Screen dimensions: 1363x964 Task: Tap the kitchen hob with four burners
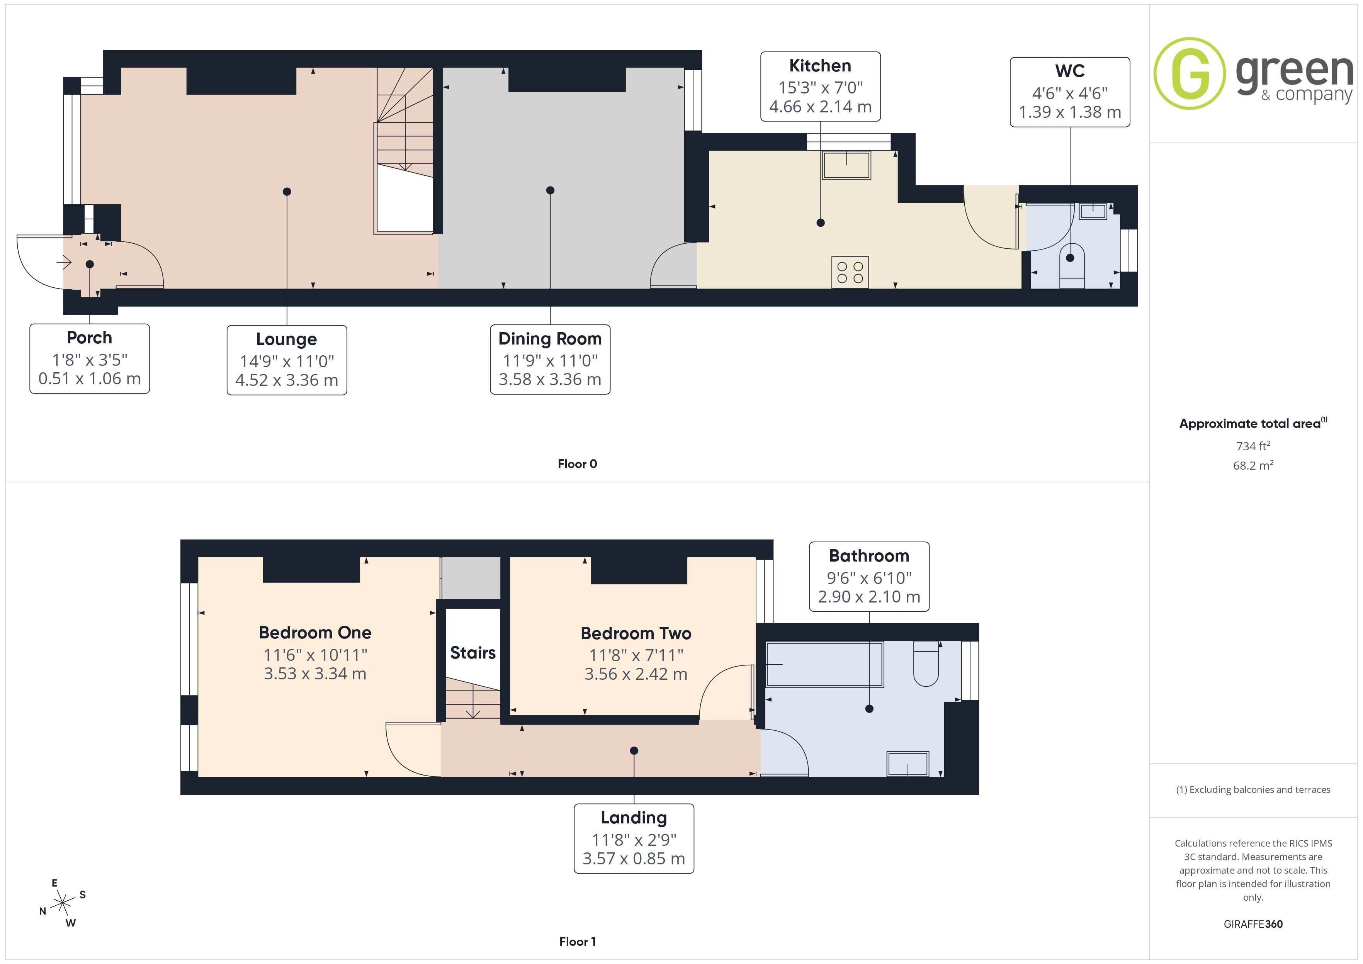(850, 272)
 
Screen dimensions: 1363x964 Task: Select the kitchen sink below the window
(846, 165)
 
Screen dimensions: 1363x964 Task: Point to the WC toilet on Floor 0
(1072, 265)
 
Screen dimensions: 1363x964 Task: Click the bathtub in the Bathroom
(825, 665)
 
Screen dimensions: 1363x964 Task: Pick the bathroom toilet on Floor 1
(926, 664)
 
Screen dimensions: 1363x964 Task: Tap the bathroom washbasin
(908, 764)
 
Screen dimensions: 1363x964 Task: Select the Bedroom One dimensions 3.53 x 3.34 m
(315, 674)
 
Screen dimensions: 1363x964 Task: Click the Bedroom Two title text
(636, 633)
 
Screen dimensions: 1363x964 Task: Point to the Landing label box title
(634, 818)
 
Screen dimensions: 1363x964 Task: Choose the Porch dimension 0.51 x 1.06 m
(90, 379)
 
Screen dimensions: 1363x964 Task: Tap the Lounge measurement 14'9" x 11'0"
(287, 361)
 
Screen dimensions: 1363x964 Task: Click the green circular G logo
(1189, 74)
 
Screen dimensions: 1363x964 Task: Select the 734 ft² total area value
(1253, 446)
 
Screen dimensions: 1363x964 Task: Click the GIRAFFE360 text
(1253, 924)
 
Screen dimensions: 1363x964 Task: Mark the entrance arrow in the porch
(64, 262)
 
